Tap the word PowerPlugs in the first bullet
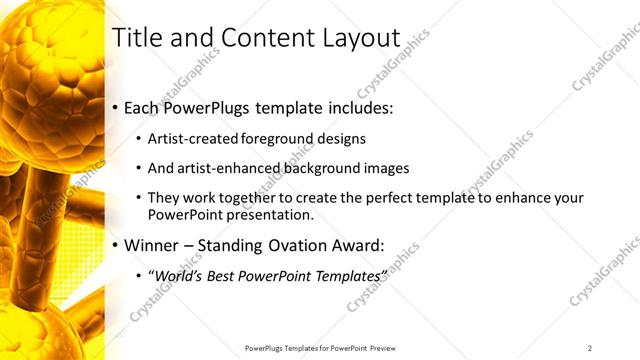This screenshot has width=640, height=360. pos(212,107)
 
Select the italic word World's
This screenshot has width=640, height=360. pos(175,274)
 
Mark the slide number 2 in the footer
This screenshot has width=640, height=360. pos(590,348)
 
